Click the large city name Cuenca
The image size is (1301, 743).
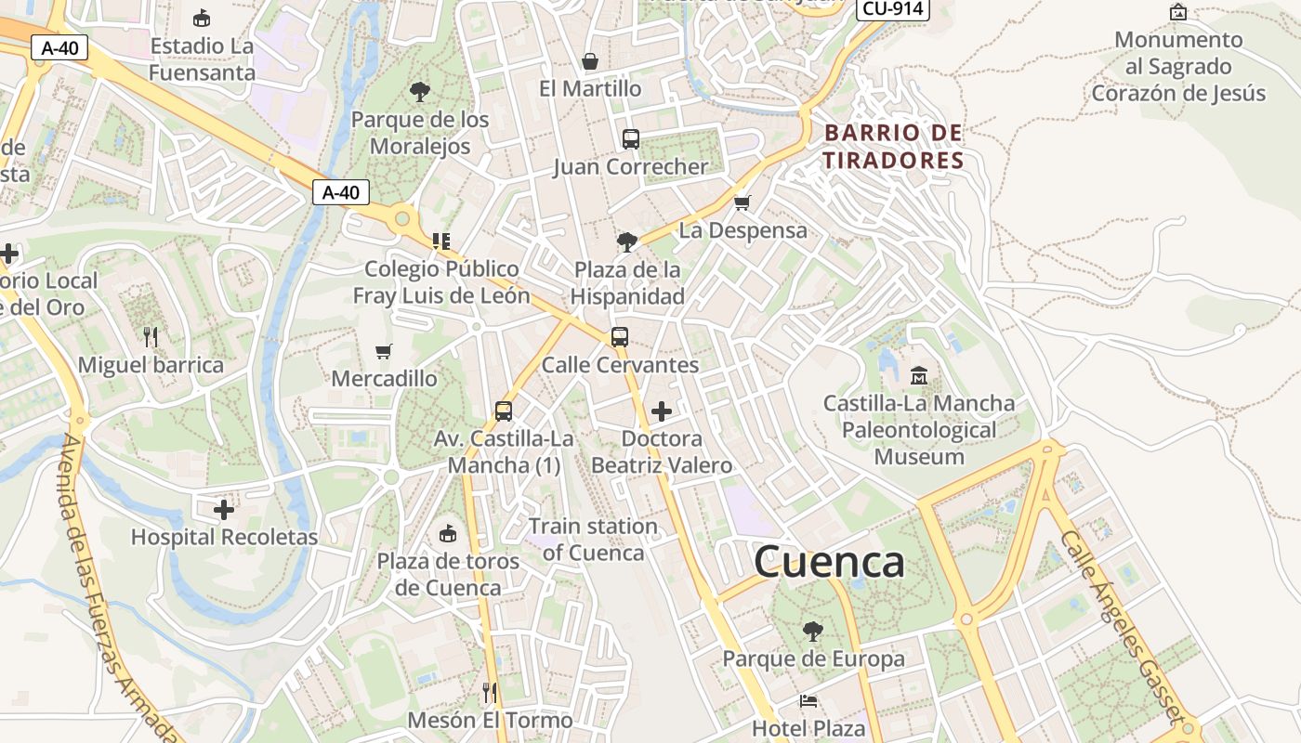pyautogui.click(x=829, y=562)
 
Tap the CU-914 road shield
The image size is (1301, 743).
pyautogui.click(x=892, y=8)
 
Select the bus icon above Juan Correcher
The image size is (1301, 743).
pyautogui.click(x=631, y=139)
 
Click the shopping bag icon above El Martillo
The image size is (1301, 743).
pyautogui.click(x=590, y=62)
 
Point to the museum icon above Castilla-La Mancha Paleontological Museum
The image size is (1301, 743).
pyautogui.click(x=919, y=376)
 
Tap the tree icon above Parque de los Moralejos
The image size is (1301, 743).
pyautogui.click(x=420, y=91)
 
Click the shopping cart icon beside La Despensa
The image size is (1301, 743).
pyautogui.click(x=742, y=202)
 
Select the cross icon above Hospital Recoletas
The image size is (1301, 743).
pyautogui.click(x=224, y=510)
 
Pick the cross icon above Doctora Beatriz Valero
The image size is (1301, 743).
pyautogui.click(x=662, y=411)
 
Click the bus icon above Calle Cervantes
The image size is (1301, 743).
pyautogui.click(x=620, y=337)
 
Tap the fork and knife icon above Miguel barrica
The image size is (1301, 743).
pyautogui.click(x=151, y=336)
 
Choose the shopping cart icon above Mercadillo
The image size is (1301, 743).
pyautogui.click(x=384, y=351)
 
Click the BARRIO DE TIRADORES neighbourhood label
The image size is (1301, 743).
pyautogui.click(x=894, y=147)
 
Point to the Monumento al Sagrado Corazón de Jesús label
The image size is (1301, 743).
pyautogui.click(x=1178, y=67)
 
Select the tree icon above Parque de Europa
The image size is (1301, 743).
pyautogui.click(x=813, y=632)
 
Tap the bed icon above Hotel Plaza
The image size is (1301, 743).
pyautogui.click(x=808, y=701)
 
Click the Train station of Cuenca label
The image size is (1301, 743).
pyautogui.click(x=593, y=540)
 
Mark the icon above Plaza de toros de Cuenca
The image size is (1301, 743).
pyautogui.click(x=448, y=533)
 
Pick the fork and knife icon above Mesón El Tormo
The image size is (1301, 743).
pyautogui.click(x=490, y=692)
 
